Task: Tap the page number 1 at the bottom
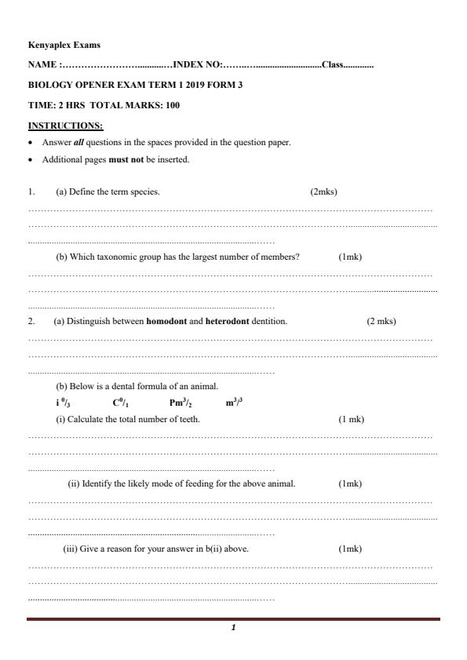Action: (x=233, y=628)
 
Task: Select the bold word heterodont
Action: (x=228, y=321)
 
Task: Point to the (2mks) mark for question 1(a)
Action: (x=324, y=191)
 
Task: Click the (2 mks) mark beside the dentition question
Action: (x=381, y=321)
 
